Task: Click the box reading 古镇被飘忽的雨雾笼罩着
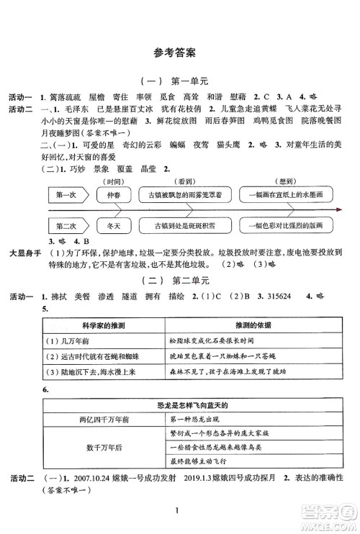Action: click(186, 195)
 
